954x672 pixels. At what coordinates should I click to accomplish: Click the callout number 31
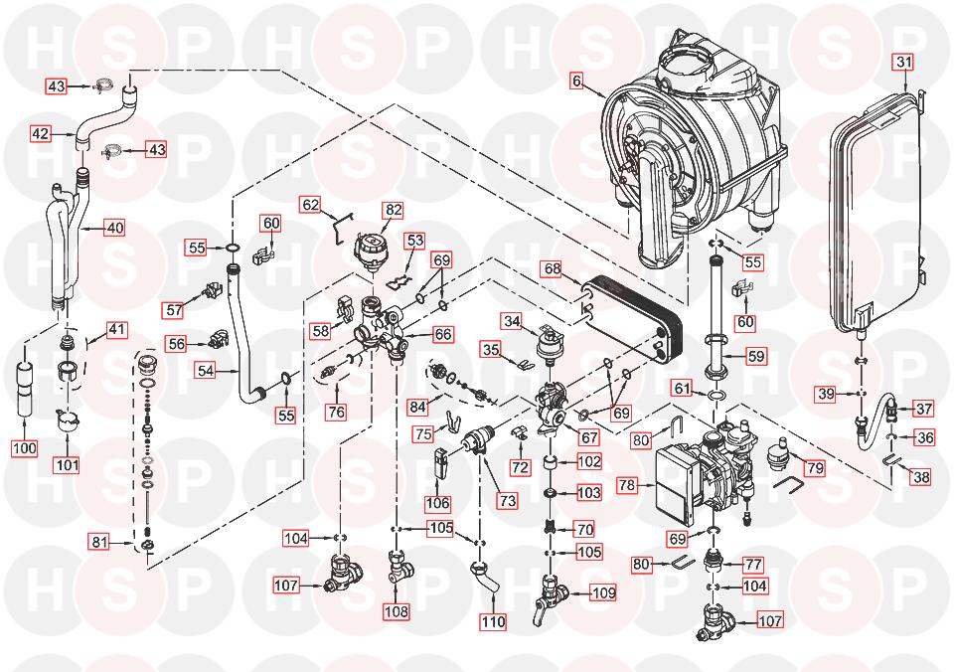[904, 62]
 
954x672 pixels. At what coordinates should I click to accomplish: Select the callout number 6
[576, 81]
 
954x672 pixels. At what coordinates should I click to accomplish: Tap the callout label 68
[553, 268]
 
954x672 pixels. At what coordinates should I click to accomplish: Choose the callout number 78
[627, 485]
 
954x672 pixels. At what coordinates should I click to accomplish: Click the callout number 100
[24, 448]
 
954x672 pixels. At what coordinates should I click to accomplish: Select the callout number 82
[394, 210]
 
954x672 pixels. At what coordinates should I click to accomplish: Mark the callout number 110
[494, 621]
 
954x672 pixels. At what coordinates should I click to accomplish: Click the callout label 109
[603, 592]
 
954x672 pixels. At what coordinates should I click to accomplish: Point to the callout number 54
[206, 370]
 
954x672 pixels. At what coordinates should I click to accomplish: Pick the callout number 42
[41, 133]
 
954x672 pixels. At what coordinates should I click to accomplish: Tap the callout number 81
[99, 541]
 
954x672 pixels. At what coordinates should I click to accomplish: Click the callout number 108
[396, 610]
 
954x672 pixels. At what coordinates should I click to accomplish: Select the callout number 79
[815, 467]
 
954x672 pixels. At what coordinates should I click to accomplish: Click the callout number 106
[437, 503]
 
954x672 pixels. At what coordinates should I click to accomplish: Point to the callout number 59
[755, 356]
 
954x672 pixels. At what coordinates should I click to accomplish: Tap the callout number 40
[115, 228]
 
